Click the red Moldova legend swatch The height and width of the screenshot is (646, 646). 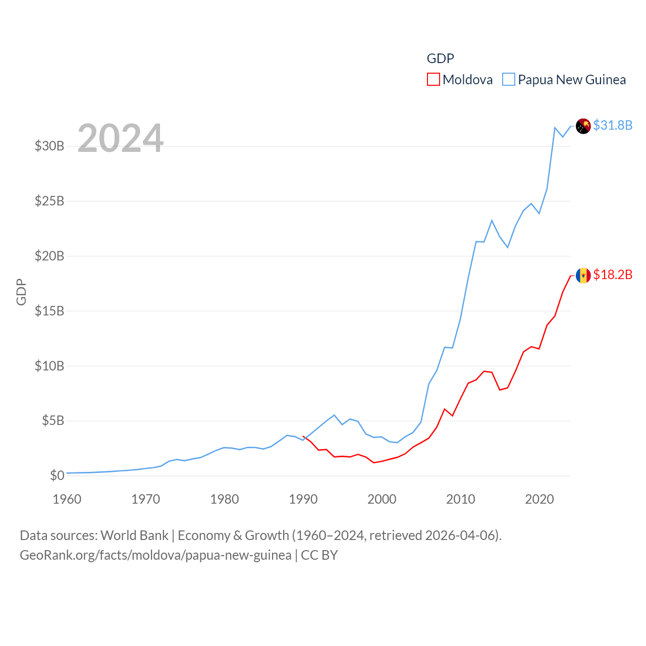[x=433, y=80]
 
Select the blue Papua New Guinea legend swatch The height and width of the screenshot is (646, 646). [x=509, y=80]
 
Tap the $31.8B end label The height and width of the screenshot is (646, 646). [x=613, y=125]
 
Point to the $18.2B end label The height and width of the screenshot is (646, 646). [x=613, y=275]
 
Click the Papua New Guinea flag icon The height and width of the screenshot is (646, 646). [x=583, y=126]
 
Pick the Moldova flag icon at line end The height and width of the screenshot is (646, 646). [x=583, y=276]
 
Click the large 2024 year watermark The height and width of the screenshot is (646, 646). [x=120, y=138]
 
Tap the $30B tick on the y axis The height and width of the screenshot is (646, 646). [x=49, y=146]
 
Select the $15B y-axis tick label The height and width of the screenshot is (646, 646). [x=49, y=311]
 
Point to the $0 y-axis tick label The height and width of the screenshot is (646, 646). [x=57, y=475]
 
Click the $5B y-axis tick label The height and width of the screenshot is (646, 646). [x=53, y=420]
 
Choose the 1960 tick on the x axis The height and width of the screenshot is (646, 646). [x=67, y=499]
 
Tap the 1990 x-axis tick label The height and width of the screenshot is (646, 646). [x=303, y=499]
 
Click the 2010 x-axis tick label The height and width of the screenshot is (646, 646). [x=460, y=499]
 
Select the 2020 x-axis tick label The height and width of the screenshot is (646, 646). [x=539, y=499]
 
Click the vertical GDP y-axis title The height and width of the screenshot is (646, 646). [x=21, y=292]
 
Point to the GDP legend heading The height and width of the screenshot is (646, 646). [x=440, y=59]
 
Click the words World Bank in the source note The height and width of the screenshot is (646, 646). [x=134, y=535]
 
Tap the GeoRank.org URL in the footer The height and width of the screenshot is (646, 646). [x=155, y=555]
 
